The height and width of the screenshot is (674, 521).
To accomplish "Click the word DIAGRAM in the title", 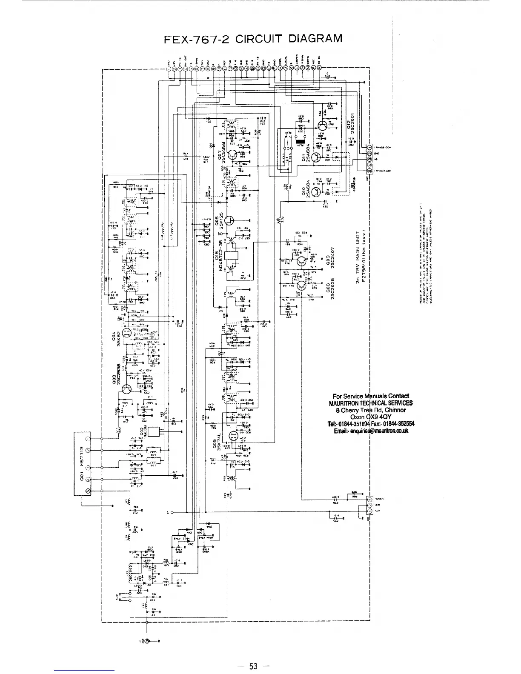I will click(316, 38).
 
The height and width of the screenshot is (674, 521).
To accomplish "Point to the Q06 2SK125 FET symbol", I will click(230, 220).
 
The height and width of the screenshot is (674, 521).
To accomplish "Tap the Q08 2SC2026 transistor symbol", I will click(302, 285).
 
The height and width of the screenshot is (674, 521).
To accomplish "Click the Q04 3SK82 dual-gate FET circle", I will click(126, 333).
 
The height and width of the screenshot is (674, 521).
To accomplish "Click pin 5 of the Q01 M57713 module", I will click(89, 491).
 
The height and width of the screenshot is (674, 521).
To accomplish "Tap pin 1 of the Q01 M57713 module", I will click(89, 439).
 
